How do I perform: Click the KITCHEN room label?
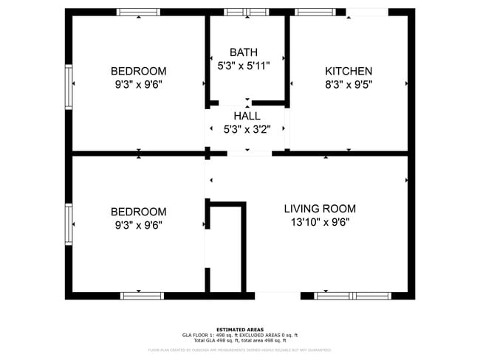(x=349, y=72)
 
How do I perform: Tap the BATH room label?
(x=244, y=52)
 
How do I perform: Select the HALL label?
(x=247, y=116)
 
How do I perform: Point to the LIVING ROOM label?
(x=320, y=209)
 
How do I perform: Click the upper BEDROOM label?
(x=138, y=72)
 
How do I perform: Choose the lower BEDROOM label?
(x=138, y=212)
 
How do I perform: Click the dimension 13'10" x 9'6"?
(x=320, y=223)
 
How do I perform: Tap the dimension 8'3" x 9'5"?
(x=349, y=84)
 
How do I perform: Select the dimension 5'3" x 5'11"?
(x=244, y=66)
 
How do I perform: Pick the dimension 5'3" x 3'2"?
(x=247, y=129)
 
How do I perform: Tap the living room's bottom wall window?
(x=352, y=296)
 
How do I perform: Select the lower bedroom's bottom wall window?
(x=142, y=296)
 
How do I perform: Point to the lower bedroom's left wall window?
(x=68, y=225)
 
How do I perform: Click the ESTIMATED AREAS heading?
(x=240, y=329)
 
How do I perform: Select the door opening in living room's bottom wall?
(x=278, y=296)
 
